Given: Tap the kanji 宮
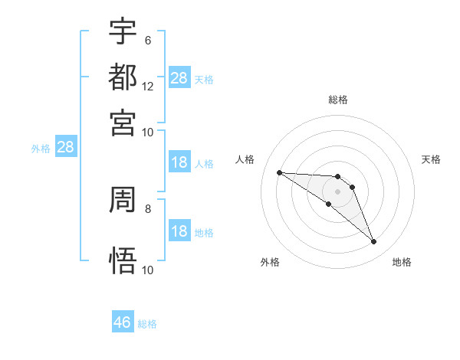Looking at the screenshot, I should pos(123,122).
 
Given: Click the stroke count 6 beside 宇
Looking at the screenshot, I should pos(148,41).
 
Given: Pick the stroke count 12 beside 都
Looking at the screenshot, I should pos(148,86).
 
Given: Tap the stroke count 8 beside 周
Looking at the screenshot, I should pos(148,208).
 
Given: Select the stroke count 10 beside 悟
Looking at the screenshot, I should pos(148,270).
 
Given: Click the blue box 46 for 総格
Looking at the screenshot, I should pos(123,322).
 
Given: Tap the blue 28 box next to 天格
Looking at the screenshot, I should pos(179,77).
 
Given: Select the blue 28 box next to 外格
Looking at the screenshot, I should pos(65,148).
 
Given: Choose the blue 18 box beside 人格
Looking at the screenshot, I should pos(179,162).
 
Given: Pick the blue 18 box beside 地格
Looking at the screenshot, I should pos(179,231).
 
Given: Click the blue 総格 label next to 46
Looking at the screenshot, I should pos(147,324).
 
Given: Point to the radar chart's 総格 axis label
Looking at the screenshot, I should pos(337,100).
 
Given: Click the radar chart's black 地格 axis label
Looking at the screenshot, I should pos(402,262).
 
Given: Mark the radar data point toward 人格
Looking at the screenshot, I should pos(279,172).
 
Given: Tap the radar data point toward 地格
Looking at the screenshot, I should pos(374,242).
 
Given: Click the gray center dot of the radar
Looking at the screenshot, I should pos(337,191).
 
